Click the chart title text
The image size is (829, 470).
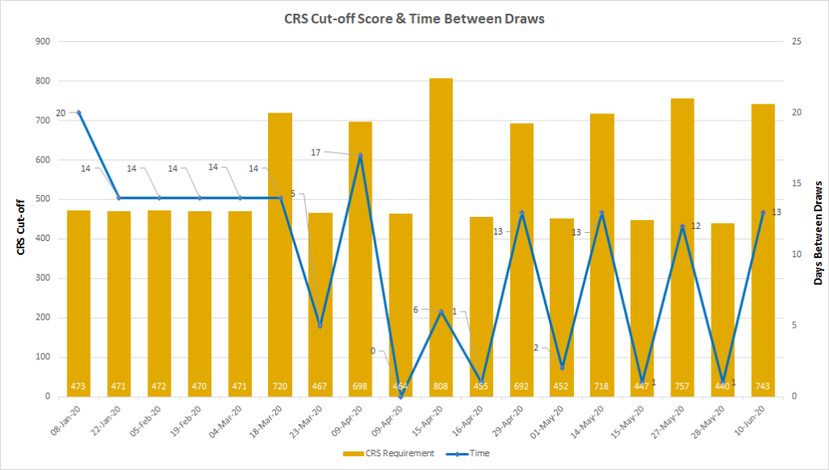414,19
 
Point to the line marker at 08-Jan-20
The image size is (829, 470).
79,112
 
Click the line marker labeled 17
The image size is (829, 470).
360,155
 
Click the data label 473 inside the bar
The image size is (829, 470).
79,386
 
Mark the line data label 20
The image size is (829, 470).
61,112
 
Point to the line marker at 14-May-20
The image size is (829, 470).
602,213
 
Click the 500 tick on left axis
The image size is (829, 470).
41,199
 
